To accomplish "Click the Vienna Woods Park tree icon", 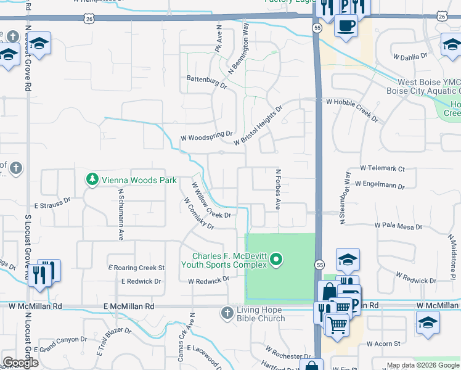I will tap(92, 179).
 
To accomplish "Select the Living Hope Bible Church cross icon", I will tap(227, 313).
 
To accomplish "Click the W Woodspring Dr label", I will tap(206, 133).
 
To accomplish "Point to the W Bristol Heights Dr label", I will tap(258, 125).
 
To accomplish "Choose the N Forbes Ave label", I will tap(279, 189).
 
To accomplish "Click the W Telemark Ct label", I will tap(382, 168).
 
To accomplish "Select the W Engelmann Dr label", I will tap(382, 186).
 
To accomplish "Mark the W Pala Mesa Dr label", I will tap(399, 226).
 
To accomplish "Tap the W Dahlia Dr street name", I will tap(410, 56).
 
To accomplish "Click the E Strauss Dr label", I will tap(52, 200).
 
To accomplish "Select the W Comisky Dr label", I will tap(198, 213).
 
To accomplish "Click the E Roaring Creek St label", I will tap(136, 268).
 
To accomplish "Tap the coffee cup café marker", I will tap(346, 26).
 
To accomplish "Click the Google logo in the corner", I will tap(20, 363).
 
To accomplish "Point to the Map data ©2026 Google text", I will tap(423, 365).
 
